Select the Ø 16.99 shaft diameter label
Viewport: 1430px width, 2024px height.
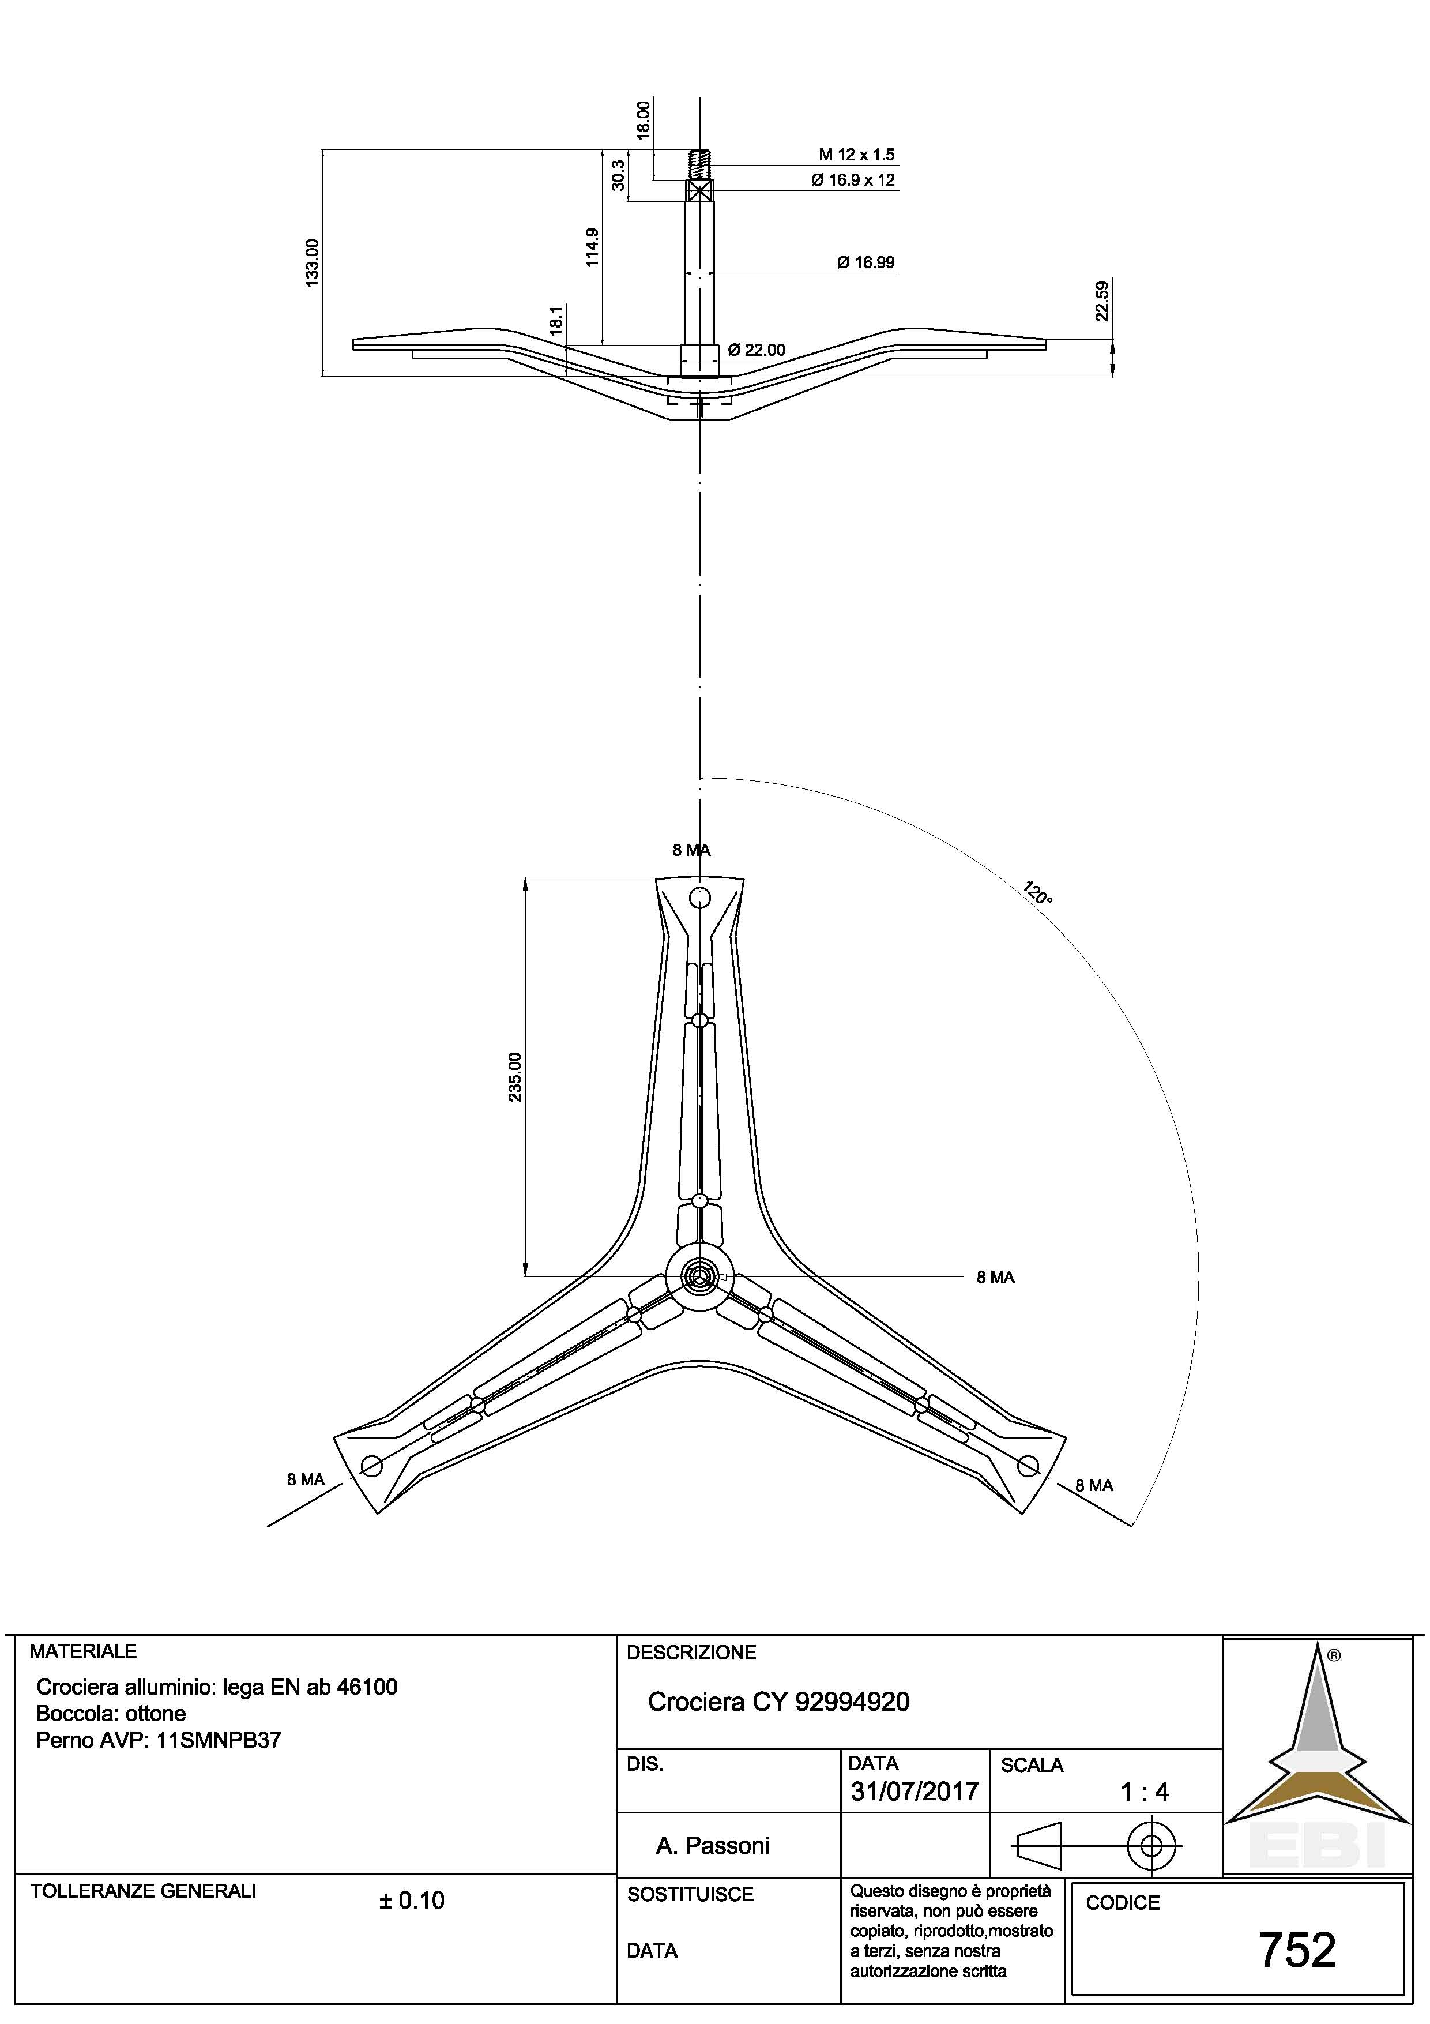tap(865, 262)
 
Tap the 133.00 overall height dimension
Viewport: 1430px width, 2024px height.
tap(312, 262)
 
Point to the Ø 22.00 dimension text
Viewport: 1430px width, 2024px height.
tap(756, 350)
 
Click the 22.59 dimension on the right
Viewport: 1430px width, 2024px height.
tap(1101, 300)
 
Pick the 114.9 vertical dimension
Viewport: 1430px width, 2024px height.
tap(592, 247)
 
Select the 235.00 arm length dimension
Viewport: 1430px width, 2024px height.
tap(515, 1076)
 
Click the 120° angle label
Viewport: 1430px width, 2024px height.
tap(1038, 893)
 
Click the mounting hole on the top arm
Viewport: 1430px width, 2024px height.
tap(701, 898)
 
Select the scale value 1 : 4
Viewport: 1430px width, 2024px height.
tap(1145, 1792)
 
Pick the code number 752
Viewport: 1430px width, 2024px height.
tap(1297, 1950)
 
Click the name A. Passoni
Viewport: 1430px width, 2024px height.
tap(713, 1845)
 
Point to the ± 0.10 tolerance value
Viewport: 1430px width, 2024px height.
tap(412, 1901)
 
